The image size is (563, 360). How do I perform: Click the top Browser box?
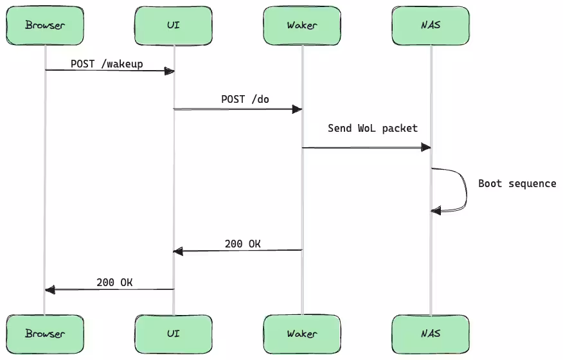pyautogui.click(x=45, y=26)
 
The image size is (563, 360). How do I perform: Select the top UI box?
pyautogui.click(x=174, y=26)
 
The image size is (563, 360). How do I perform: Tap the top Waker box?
pyautogui.click(x=302, y=26)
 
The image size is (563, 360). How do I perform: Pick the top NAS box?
pyautogui.click(x=431, y=26)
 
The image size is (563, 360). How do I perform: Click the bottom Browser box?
pyautogui.click(x=45, y=334)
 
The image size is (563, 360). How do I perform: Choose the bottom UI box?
pyautogui.click(x=174, y=334)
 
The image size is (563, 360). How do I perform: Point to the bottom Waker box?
pyautogui.click(x=302, y=334)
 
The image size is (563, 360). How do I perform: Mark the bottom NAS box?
pyautogui.click(x=431, y=334)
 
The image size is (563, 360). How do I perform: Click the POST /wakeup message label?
pyautogui.click(x=107, y=64)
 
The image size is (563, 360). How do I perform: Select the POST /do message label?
pyautogui.click(x=245, y=99)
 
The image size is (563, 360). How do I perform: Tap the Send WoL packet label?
pyautogui.click(x=373, y=128)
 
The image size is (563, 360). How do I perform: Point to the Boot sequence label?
pyautogui.click(x=517, y=184)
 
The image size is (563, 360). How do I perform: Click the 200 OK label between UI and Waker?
pyautogui.click(x=242, y=244)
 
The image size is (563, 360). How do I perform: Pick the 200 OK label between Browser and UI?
pyautogui.click(x=114, y=282)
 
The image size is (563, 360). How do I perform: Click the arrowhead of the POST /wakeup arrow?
pyautogui.click(x=170, y=71)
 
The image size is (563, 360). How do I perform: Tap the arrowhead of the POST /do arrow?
pyautogui.click(x=298, y=109)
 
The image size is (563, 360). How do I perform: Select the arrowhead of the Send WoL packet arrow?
pyautogui.click(x=426, y=148)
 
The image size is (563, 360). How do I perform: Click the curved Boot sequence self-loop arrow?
pyautogui.click(x=465, y=190)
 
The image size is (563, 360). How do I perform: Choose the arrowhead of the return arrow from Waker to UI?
pyautogui.click(x=178, y=251)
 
